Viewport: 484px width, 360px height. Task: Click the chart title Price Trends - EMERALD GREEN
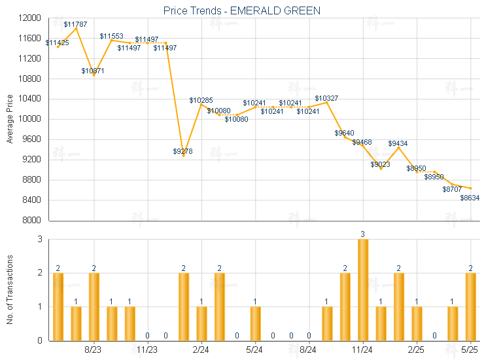point(242,11)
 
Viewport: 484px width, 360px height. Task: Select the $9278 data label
point(183,151)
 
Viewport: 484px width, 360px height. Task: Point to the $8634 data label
point(470,198)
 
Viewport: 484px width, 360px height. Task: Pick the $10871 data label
point(93,70)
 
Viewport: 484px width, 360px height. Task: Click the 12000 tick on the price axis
point(30,18)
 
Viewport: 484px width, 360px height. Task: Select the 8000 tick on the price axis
point(32,220)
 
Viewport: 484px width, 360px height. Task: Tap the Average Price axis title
point(10,119)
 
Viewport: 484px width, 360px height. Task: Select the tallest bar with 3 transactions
point(363,290)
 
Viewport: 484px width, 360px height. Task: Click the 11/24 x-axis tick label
point(362,350)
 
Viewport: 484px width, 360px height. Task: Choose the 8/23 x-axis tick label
point(94,350)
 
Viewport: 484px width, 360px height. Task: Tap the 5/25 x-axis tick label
point(470,350)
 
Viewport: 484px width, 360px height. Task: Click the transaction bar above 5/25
point(470,306)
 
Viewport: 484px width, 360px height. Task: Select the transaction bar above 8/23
point(94,306)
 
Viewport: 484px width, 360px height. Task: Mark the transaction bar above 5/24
point(255,323)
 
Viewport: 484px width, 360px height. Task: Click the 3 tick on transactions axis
point(40,240)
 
